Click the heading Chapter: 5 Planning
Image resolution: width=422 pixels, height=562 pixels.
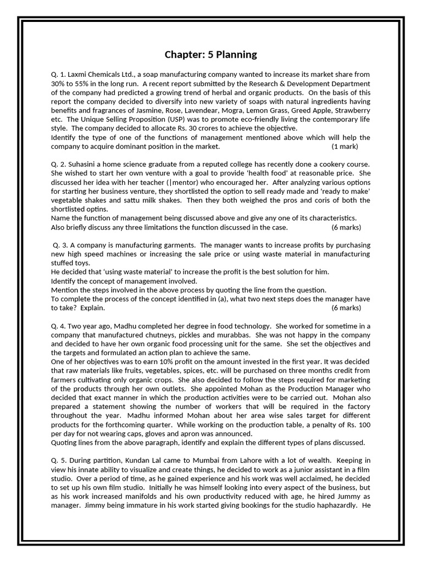pos(210,54)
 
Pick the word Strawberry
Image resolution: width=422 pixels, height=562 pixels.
pos(352,110)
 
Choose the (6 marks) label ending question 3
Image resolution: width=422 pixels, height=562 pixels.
pos(346,308)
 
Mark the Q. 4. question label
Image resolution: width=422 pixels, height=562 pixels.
pos(60,326)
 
